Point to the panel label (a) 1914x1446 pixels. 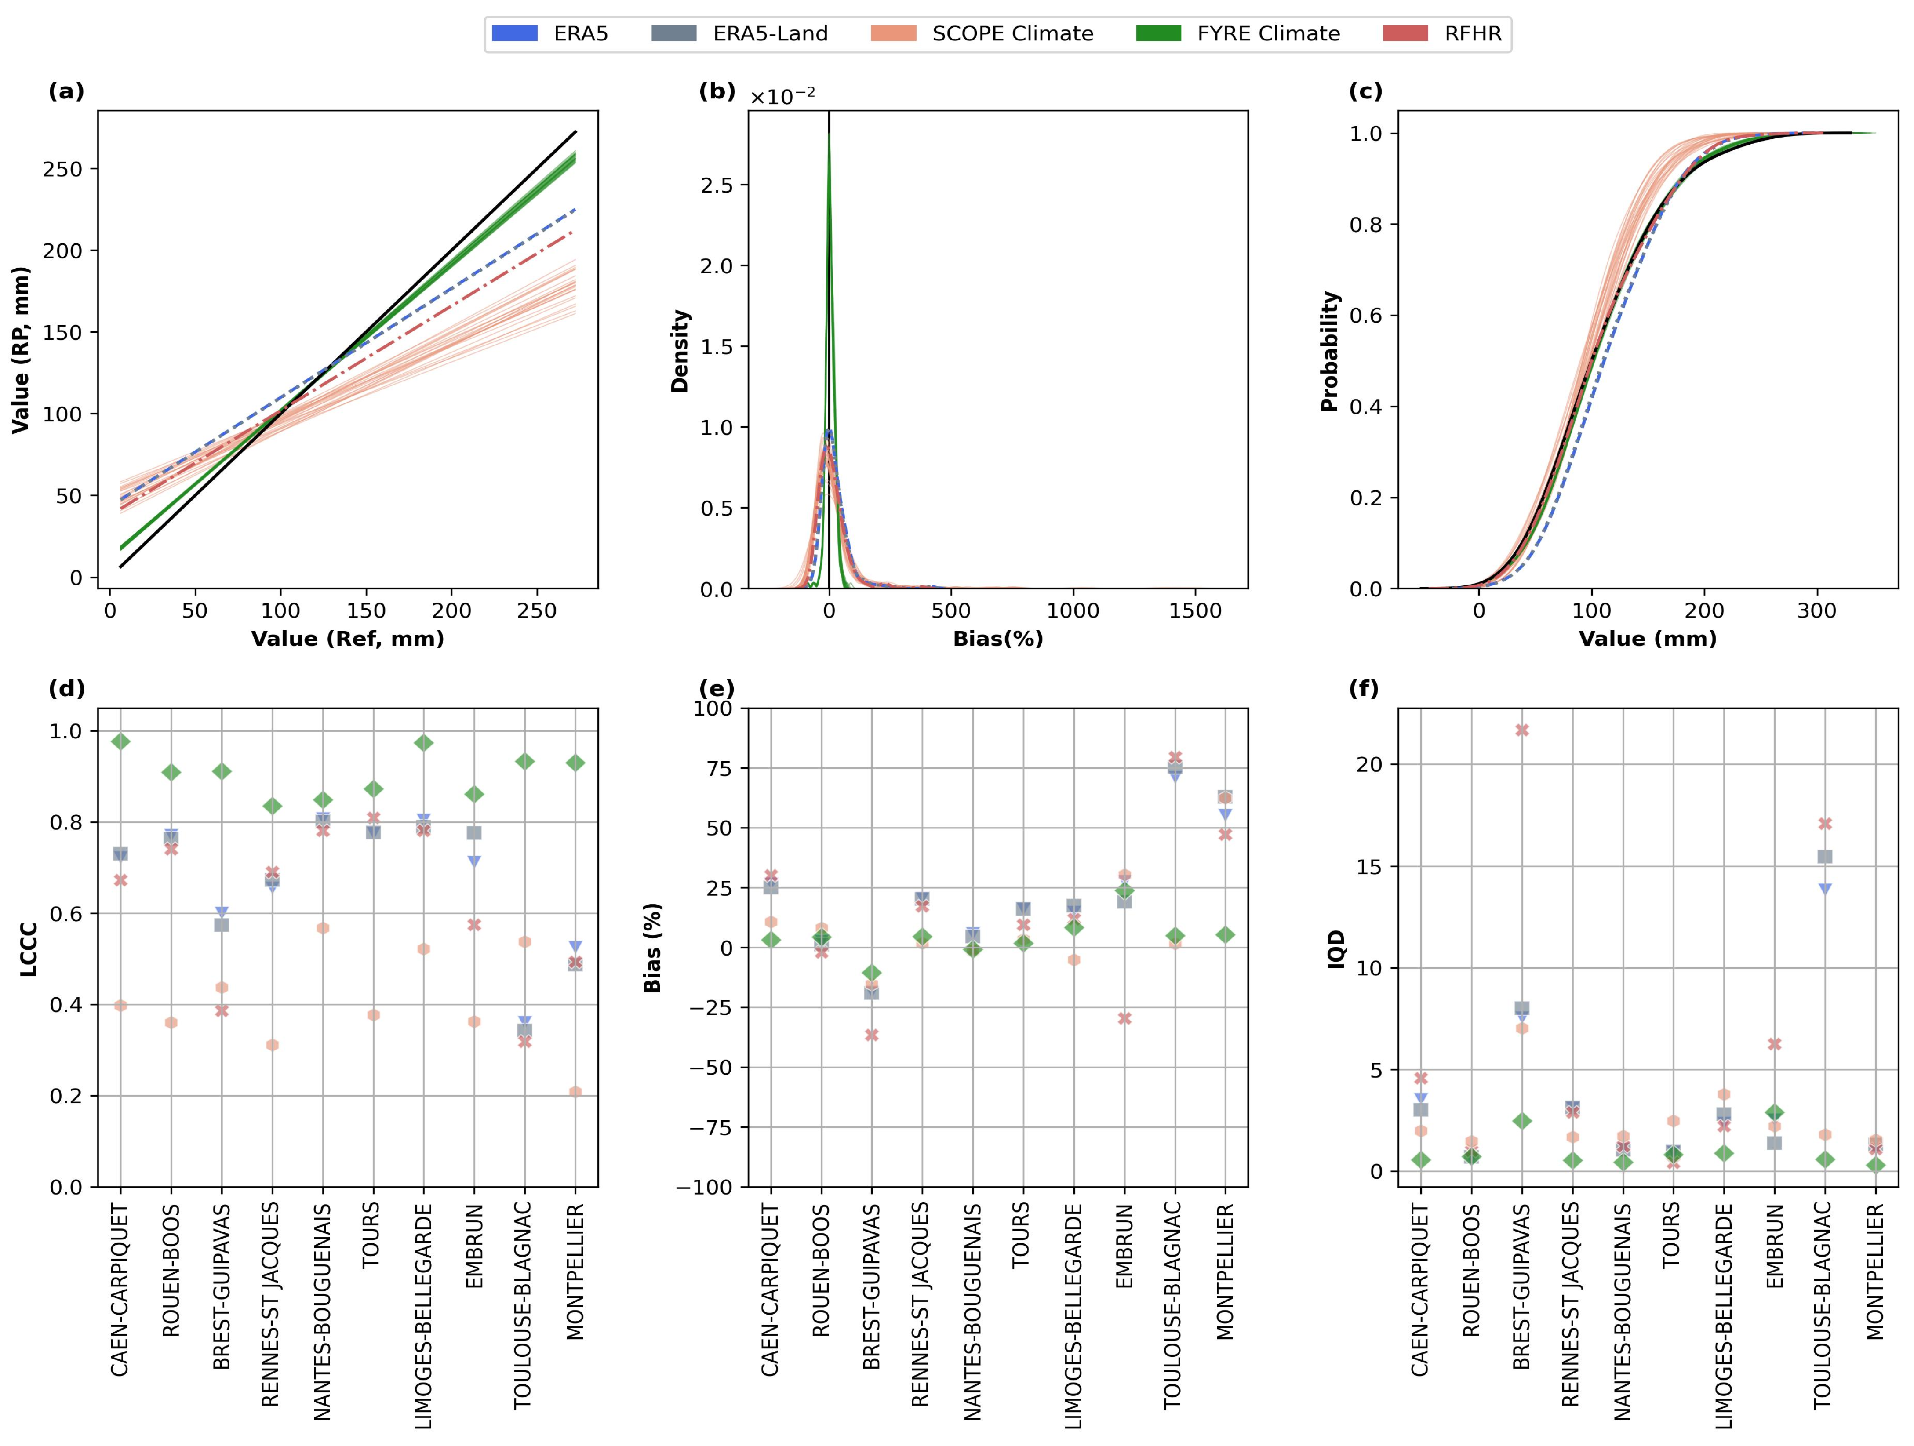click(x=66, y=92)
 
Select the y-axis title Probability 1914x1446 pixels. click(x=1330, y=350)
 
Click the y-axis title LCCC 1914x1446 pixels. click(x=29, y=948)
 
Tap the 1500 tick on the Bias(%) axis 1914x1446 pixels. click(x=1195, y=611)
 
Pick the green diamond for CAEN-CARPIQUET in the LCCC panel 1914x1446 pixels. click(x=120, y=741)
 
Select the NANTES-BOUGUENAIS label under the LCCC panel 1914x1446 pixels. click(x=322, y=1311)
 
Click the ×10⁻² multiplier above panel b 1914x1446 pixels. click(x=782, y=96)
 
